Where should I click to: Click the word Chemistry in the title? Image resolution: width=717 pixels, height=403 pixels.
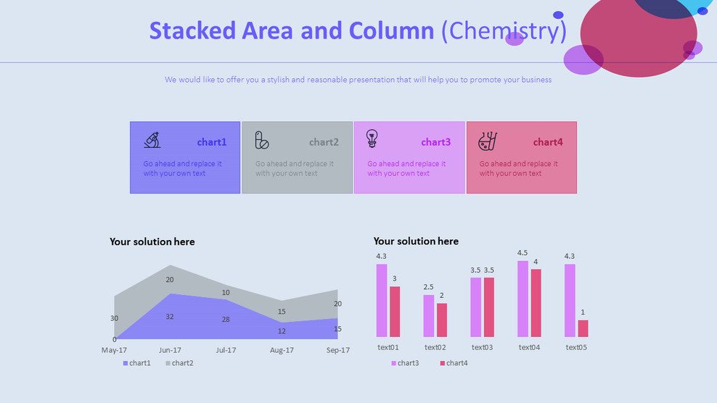pyautogui.click(x=504, y=31)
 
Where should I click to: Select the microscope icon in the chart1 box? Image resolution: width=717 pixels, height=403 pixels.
pyautogui.click(x=152, y=140)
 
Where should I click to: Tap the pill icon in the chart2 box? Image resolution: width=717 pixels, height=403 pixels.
pyautogui.click(x=262, y=141)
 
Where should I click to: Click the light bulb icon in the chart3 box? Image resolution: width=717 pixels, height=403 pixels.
pyautogui.click(x=372, y=138)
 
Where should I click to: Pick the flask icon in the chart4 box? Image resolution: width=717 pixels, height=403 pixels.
pyautogui.click(x=487, y=141)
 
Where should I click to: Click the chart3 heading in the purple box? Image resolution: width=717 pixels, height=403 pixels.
pyautogui.click(x=435, y=142)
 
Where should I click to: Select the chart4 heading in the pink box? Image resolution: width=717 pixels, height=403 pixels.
pyautogui.click(x=548, y=142)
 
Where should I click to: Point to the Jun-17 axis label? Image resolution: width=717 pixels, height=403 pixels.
pyautogui.click(x=170, y=350)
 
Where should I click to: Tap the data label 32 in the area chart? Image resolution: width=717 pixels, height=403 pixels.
pyautogui.click(x=170, y=317)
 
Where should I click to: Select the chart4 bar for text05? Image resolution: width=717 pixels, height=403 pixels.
pyautogui.click(x=583, y=328)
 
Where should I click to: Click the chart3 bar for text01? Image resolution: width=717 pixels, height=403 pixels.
pyautogui.click(x=382, y=300)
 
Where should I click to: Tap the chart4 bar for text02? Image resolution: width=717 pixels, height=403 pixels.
pyautogui.click(x=442, y=320)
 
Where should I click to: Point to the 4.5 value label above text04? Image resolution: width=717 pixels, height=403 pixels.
pyautogui.click(x=523, y=253)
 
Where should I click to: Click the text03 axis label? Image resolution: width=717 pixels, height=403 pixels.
pyautogui.click(x=482, y=347)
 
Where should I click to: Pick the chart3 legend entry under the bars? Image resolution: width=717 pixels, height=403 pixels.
pyautogui.click(x=404, y=363)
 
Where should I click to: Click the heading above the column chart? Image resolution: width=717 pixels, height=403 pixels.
pyautogui.click(x=416, y=241)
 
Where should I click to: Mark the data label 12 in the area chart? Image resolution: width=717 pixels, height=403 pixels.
pyautogui.click(x=282, y=331)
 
